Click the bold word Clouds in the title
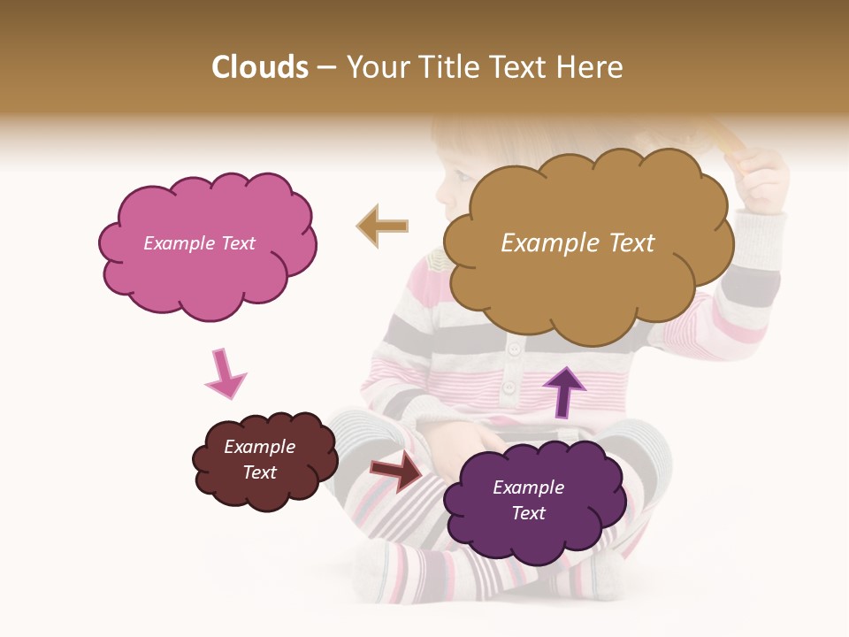(260, 67)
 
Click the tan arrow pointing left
(383, 226)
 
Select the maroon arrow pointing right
(397, 471)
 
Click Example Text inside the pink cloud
(200, 243)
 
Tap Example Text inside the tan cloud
(577, 243)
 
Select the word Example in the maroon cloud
(259, 447)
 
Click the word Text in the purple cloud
(529, 513)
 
